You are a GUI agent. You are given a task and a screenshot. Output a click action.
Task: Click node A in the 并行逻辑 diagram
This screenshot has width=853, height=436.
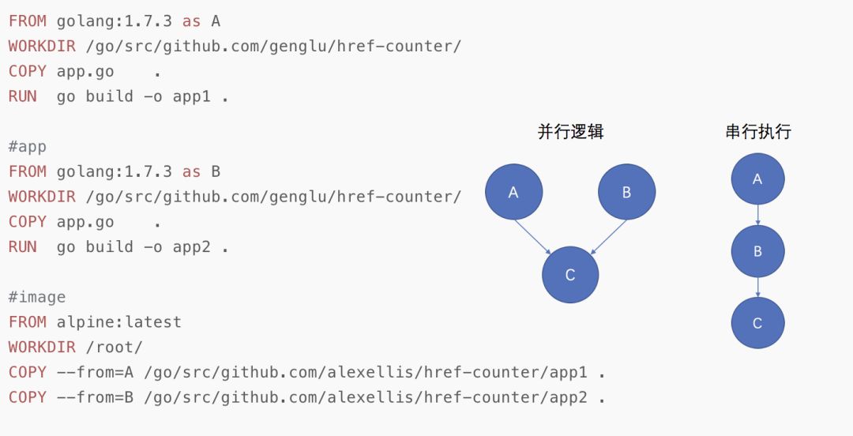coord(513,191)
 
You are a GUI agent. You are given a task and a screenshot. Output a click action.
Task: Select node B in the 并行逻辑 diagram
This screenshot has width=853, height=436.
coord(626,191)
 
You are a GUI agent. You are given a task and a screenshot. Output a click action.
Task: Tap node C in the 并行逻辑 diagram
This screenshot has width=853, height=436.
coord(570,274)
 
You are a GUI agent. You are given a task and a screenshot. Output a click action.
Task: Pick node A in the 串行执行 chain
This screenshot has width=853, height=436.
coord(757,179)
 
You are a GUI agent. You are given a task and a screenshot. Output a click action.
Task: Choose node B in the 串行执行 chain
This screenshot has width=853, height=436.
coord(757,251)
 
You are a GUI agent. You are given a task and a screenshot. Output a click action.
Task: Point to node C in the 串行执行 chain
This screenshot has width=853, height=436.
coord(757,322)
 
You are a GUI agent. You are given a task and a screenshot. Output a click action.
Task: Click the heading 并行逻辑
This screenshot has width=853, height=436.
coord(570,132)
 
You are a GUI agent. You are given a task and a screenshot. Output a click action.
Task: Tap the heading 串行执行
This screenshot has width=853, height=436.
coord(757,132)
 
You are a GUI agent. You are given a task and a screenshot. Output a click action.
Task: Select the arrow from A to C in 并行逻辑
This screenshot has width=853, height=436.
coord(533,236)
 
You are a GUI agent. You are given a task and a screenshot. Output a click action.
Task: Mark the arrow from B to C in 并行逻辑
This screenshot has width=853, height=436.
coord(608,236)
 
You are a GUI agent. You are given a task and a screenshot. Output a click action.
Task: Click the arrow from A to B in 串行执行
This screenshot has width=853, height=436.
coord(757,215)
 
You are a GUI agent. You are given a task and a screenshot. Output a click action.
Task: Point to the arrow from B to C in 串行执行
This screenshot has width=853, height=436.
coord(757,287)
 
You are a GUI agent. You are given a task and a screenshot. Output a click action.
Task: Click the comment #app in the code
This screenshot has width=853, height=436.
coord(28,146)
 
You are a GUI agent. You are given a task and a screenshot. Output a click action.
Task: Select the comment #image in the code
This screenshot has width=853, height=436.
coord(37,297)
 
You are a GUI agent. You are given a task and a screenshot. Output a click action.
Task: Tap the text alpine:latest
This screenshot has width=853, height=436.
coord(118,322)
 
